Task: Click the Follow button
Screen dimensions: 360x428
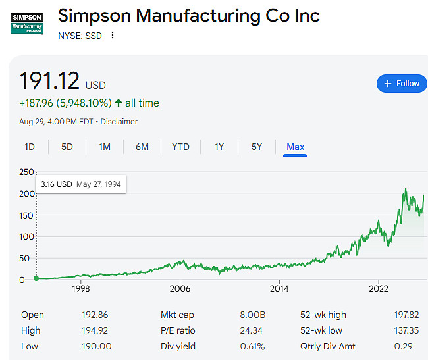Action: click(x=401, y=84)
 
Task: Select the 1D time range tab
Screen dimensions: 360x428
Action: click(x=30, y=147)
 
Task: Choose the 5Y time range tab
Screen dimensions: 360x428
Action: click(x=257, y=147)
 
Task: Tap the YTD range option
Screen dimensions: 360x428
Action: click(x=180, y=147)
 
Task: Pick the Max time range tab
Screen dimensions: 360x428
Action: click(x=295, y=147)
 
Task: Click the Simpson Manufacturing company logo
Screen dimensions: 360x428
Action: click(x=28, y=24)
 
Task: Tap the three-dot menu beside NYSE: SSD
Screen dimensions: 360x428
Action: click(x=113, y=36)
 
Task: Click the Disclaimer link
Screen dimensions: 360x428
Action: click(x=120, y=122)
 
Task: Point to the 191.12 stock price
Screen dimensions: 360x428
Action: click(x=49, y=81)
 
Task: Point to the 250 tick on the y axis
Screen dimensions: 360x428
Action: click(x=26, y=172)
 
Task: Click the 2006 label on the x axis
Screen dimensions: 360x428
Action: click(x=180, y=288)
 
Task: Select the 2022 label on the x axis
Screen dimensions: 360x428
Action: click(x=379, y=288)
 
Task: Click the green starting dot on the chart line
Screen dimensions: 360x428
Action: click(x=36, y=278)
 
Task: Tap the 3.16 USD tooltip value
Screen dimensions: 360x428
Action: click(x=56, y=184)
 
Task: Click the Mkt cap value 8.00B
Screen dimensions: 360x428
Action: click(x=252, y=315)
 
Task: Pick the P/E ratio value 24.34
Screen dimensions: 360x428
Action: click(x=252, y=330)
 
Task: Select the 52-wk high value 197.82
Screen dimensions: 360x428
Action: click(x=404, y=315)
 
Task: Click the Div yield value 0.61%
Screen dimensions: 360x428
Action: click(x=252, y=346)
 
